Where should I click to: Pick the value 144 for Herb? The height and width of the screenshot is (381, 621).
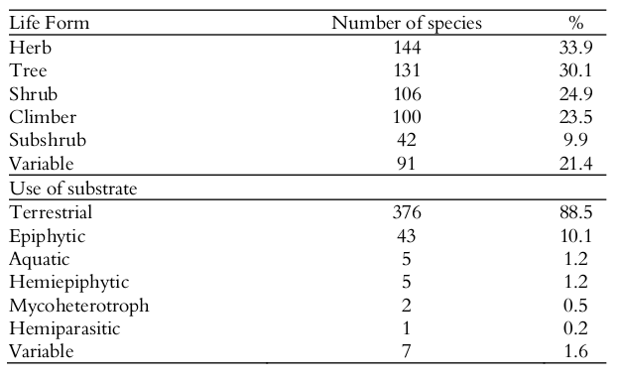point(407,49)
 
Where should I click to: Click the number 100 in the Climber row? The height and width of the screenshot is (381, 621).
point(407,117)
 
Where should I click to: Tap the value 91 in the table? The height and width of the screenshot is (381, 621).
point(407,163)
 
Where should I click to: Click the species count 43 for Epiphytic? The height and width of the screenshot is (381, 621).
point(407,236)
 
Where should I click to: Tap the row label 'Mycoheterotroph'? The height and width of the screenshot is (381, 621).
point(78,306)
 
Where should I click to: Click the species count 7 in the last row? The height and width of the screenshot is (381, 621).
point(407,351)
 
